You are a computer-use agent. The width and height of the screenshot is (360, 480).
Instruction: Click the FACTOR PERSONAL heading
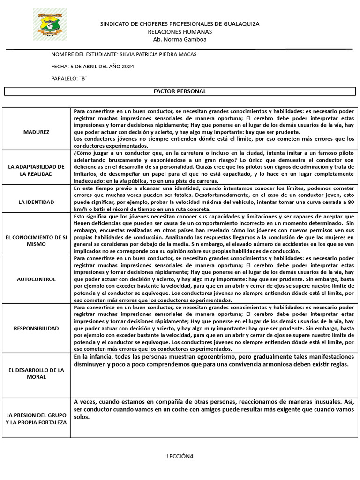coord(180,91)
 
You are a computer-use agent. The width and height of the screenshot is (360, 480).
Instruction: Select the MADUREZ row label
coord(36,132)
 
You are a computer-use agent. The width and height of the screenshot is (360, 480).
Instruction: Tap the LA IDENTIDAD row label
coord(36,202)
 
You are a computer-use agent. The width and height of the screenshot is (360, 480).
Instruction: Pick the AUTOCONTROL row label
coord(36,279)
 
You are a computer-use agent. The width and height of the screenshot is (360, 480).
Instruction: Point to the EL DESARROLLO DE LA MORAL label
coord(36,374)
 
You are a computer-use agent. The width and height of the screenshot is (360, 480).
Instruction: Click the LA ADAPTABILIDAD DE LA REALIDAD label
coord(36,170)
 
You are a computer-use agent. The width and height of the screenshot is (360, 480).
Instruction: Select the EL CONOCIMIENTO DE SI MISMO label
coord(36,241)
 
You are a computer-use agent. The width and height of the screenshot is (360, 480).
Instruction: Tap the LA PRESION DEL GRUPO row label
coord(36,419)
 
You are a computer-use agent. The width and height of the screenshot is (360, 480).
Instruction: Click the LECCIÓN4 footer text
coord(180,456)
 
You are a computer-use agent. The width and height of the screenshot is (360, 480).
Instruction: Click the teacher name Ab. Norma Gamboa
coord(180,39)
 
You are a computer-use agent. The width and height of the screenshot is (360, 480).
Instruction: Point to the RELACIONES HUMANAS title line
coord(180,31)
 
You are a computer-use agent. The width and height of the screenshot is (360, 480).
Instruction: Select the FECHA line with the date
coord(93,67)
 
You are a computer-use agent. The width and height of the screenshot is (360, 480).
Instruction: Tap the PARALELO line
coord(69,78)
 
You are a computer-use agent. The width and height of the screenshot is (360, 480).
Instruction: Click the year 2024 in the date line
coord(127,67)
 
